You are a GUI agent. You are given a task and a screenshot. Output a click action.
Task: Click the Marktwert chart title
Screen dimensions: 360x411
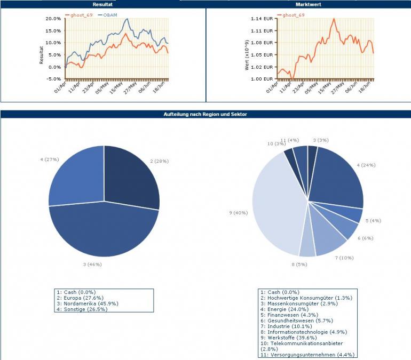[x=308, y=4]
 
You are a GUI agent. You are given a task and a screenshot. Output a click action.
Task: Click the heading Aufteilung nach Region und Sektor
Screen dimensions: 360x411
[x=205, y=114]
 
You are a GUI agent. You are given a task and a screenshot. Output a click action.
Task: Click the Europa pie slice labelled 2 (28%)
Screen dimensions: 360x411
[x=131, y=176]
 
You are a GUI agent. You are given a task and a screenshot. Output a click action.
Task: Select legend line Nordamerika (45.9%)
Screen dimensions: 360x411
[x=84, y=303]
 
